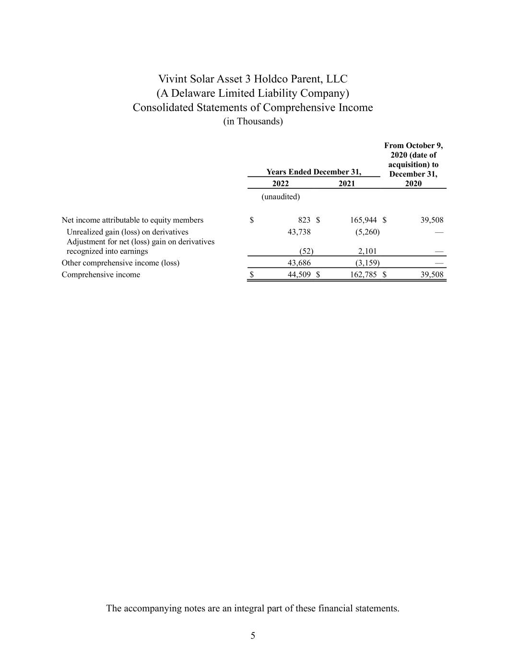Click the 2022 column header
tap(280, 184)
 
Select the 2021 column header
tap(347, 184)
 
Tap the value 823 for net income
tap(304, 220)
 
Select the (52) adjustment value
tap(306, 251)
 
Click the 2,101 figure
tap(367, 251)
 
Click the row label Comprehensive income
tap(101, 275)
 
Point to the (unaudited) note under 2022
tap(280, 197)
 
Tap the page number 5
tap(253, 636)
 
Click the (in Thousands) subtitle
tap(253, 122)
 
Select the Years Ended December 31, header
tap(314, 172)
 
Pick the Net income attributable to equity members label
tap(132, 220)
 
